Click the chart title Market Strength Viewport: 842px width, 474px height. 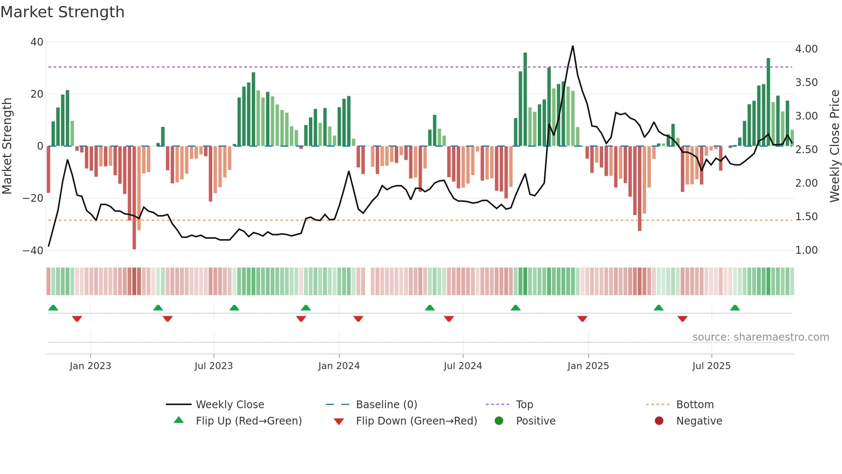point(62,12)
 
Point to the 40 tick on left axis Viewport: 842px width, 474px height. point(37,42)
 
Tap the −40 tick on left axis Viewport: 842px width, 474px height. point(33,250)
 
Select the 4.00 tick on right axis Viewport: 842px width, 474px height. point(806,49)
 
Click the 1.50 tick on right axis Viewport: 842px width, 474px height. point(806,217)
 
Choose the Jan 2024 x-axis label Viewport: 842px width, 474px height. point(339,366)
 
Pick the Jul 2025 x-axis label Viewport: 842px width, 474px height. point(711,366)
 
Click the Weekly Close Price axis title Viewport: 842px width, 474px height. point(834,146)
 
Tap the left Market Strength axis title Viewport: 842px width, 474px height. point(7,146)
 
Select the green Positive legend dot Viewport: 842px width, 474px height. point(499,421)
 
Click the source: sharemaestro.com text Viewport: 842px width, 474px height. point(760,337)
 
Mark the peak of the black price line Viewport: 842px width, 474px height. point(573,46)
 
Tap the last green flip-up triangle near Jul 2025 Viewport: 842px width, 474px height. point(735,308)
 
